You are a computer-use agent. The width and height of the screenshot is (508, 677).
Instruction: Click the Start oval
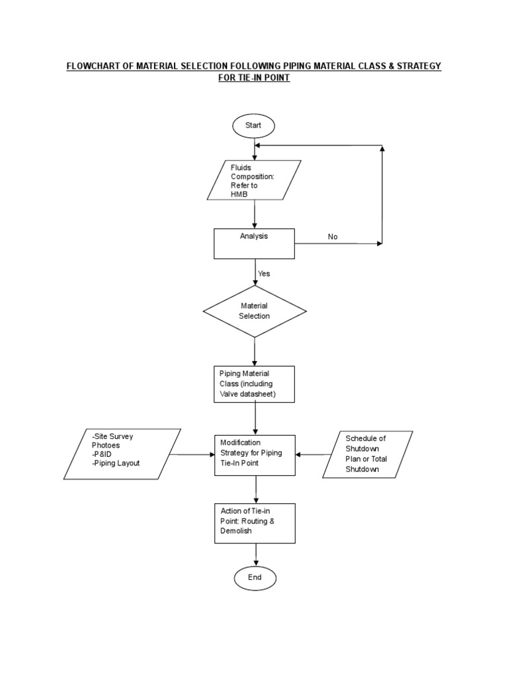coord(254,126)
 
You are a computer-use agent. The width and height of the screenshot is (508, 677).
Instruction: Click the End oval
coord(254,577)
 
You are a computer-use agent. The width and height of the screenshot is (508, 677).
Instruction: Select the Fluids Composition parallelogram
coord(254,180)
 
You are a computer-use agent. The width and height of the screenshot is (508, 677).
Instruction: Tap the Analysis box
coord(254,243)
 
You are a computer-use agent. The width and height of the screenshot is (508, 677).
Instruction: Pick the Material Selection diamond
coord(254,311)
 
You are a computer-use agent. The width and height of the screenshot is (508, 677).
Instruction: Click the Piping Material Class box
coord(254,384)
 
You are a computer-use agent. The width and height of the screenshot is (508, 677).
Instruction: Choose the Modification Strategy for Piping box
coord(254,455)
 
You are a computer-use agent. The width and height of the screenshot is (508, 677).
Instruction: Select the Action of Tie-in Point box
coord(254,523)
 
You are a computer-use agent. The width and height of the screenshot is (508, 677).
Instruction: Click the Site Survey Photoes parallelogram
coord(122,454)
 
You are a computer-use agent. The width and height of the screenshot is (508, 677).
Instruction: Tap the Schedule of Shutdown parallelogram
coord(368,454)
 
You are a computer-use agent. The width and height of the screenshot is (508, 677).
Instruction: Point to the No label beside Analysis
coord(333,237)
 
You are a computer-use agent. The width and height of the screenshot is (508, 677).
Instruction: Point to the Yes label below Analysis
coord(264,273)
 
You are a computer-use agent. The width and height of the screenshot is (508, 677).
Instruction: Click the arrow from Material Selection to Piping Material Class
coord(255,350)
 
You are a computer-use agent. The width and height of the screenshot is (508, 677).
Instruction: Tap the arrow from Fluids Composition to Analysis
coord(255,214)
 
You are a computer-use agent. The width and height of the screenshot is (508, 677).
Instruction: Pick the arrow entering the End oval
coord(255,554)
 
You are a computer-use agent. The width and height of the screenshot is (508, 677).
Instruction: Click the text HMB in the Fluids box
coord(237,194)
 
